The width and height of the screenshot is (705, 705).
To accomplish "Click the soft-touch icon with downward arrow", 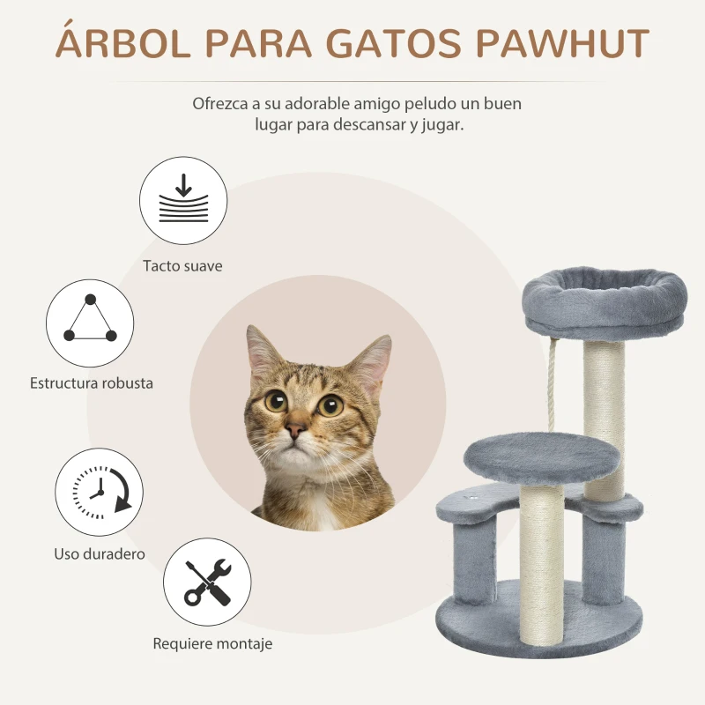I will [x=183, y=199].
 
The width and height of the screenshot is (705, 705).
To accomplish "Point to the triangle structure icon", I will [x=90, y=323].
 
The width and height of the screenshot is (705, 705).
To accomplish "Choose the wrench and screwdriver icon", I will [x=208, y=583].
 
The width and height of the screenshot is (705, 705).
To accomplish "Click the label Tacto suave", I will [x=183, y=265].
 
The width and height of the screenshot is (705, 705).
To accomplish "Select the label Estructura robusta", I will [x=92, y=383].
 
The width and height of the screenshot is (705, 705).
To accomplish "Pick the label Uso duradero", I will [x=99, y=554].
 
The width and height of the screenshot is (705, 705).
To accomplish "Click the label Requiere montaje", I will [x=212, y=643].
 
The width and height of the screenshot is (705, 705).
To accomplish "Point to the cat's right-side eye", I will [x=330, y=405].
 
